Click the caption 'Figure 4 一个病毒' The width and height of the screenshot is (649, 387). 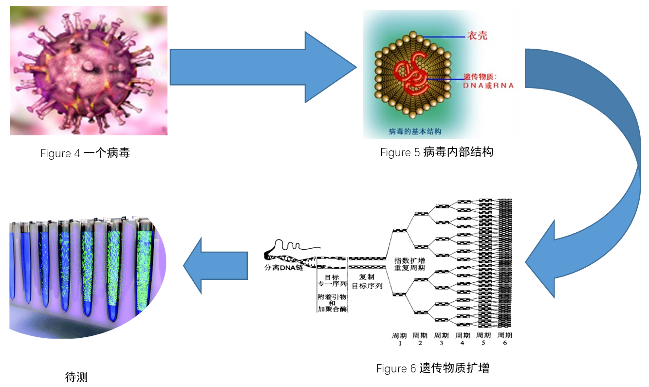85,153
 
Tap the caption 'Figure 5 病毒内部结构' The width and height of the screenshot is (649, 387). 437,152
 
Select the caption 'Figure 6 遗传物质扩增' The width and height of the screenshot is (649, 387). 433,369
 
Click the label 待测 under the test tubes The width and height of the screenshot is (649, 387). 76,377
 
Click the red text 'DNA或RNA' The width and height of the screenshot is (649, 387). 488,85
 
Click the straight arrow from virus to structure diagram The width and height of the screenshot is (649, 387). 263,67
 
